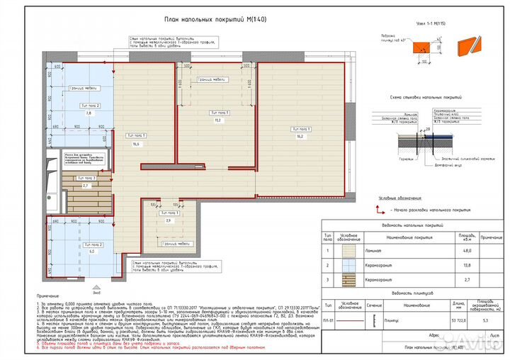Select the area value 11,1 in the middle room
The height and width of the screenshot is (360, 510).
(217, 120)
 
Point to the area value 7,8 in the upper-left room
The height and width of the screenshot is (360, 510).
(88, 113)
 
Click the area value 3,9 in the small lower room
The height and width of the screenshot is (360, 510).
(168, 220)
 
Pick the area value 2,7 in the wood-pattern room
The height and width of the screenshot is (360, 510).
(86, 185)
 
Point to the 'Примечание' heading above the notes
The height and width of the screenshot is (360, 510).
(49, 298)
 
